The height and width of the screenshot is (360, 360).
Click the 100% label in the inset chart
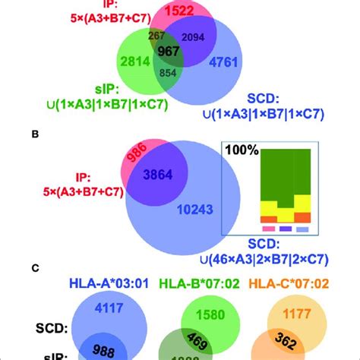tap(242, 152)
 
